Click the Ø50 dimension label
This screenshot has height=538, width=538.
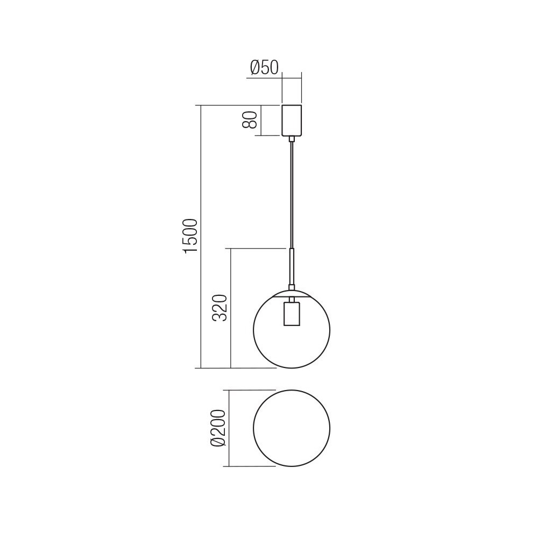click(x=264, y=68)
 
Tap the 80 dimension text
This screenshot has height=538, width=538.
click(x=250, y=120)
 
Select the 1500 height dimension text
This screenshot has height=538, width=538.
click(x=191, y=236)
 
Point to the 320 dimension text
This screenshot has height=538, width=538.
click(x=220, y=308)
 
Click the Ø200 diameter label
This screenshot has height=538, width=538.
click(x=218, y=428)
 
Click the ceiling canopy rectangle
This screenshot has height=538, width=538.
click(x=292, y=121)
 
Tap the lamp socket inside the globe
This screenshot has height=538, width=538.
click(x=292, y=314)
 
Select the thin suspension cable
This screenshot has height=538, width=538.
click(x=292, y=195)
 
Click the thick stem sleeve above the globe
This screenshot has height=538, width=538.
click(x=292, y=267)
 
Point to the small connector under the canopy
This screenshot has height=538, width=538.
click(x=292, y=139)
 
